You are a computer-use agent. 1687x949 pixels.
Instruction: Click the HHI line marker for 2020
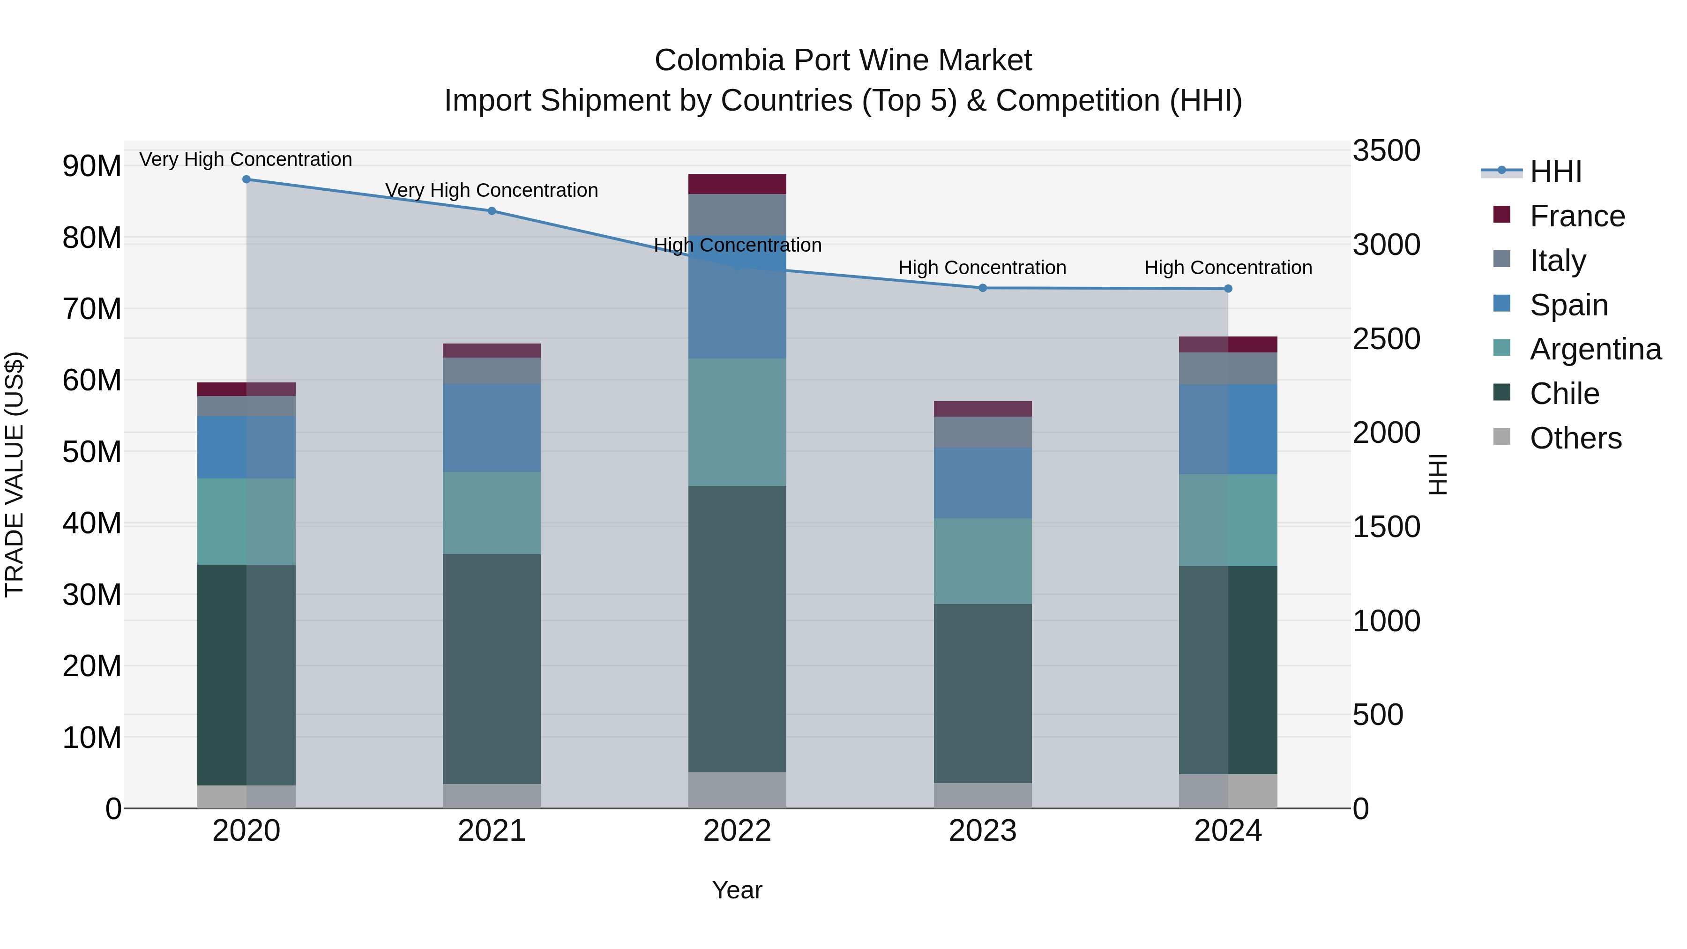246,179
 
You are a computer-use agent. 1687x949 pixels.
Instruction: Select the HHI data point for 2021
492,211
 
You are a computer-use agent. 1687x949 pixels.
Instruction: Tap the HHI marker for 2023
982,288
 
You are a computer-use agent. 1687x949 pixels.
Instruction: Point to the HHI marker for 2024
1228,289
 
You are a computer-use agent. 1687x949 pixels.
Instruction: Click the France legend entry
1577,216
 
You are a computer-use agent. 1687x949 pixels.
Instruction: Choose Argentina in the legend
1595,349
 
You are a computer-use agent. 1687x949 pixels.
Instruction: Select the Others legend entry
1575,438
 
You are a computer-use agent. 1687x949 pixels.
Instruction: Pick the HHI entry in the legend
1555,172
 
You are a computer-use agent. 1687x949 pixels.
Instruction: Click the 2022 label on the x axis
737,831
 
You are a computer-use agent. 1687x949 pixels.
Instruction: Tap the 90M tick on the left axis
92,166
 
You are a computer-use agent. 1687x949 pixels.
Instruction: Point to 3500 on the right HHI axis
1387,150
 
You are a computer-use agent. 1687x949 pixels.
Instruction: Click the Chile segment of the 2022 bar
737,629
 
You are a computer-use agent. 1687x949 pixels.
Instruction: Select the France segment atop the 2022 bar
737,184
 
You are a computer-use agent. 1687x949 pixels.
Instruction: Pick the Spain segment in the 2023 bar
982,483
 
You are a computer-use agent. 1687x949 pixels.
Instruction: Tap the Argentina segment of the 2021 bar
492,513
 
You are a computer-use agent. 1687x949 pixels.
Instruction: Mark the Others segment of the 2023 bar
982,795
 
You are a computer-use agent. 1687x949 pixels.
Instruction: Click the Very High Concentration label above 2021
492,191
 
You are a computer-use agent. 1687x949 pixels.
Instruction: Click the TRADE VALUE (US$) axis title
15,474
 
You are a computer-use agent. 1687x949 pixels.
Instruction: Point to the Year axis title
737,890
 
